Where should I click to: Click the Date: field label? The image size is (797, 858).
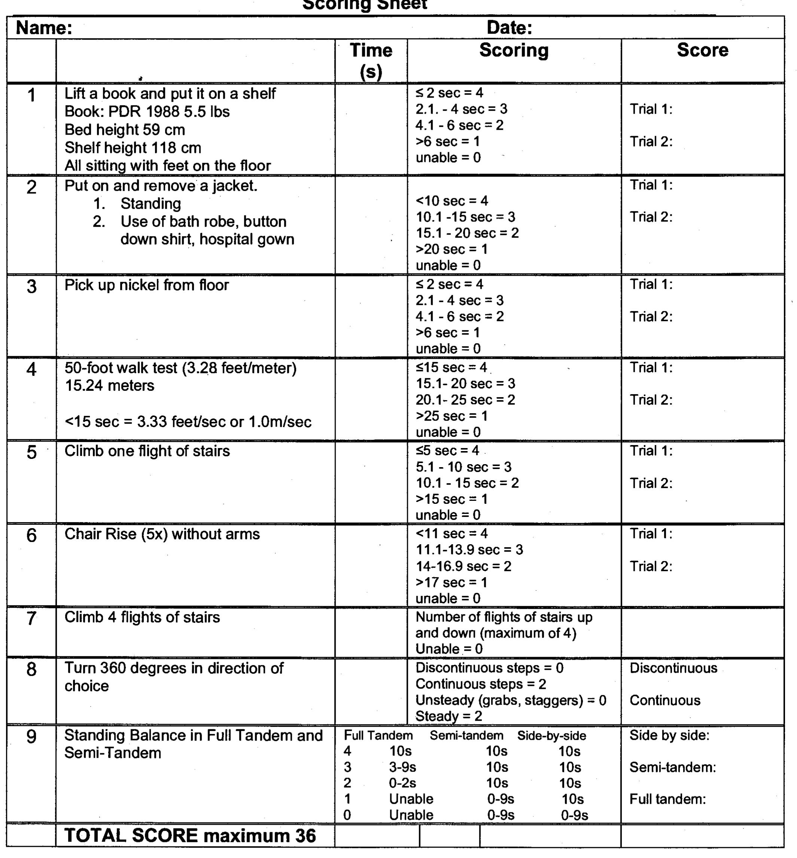click(x=509, y=28)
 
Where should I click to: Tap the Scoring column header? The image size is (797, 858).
click(x=514, y=50)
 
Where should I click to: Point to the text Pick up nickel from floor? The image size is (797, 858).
click(x=147, y=285)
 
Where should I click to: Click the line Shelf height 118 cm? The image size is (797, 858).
click(x=133, y=148)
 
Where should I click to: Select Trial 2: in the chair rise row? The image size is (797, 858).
click(x=651, y=566)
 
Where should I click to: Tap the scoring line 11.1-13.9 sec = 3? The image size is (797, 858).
click(x=469, y=550)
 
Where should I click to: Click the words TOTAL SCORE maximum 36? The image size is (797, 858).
click(x=190, y=836)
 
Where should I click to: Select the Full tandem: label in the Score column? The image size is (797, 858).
click(x=667, y=799)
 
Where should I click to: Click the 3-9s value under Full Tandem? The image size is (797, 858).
click(x=402, y=767)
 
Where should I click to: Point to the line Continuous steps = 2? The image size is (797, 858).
click(x=481, y=684)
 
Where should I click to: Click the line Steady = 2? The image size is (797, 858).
click(x=449, y=716)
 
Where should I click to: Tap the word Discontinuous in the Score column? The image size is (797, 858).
click(x=673, y=668)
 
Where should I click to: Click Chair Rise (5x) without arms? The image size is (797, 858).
click(x=162, y=534)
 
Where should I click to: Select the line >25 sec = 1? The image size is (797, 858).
click(x=452, y=416)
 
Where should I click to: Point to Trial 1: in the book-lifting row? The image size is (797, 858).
click(x=651, y=109)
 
